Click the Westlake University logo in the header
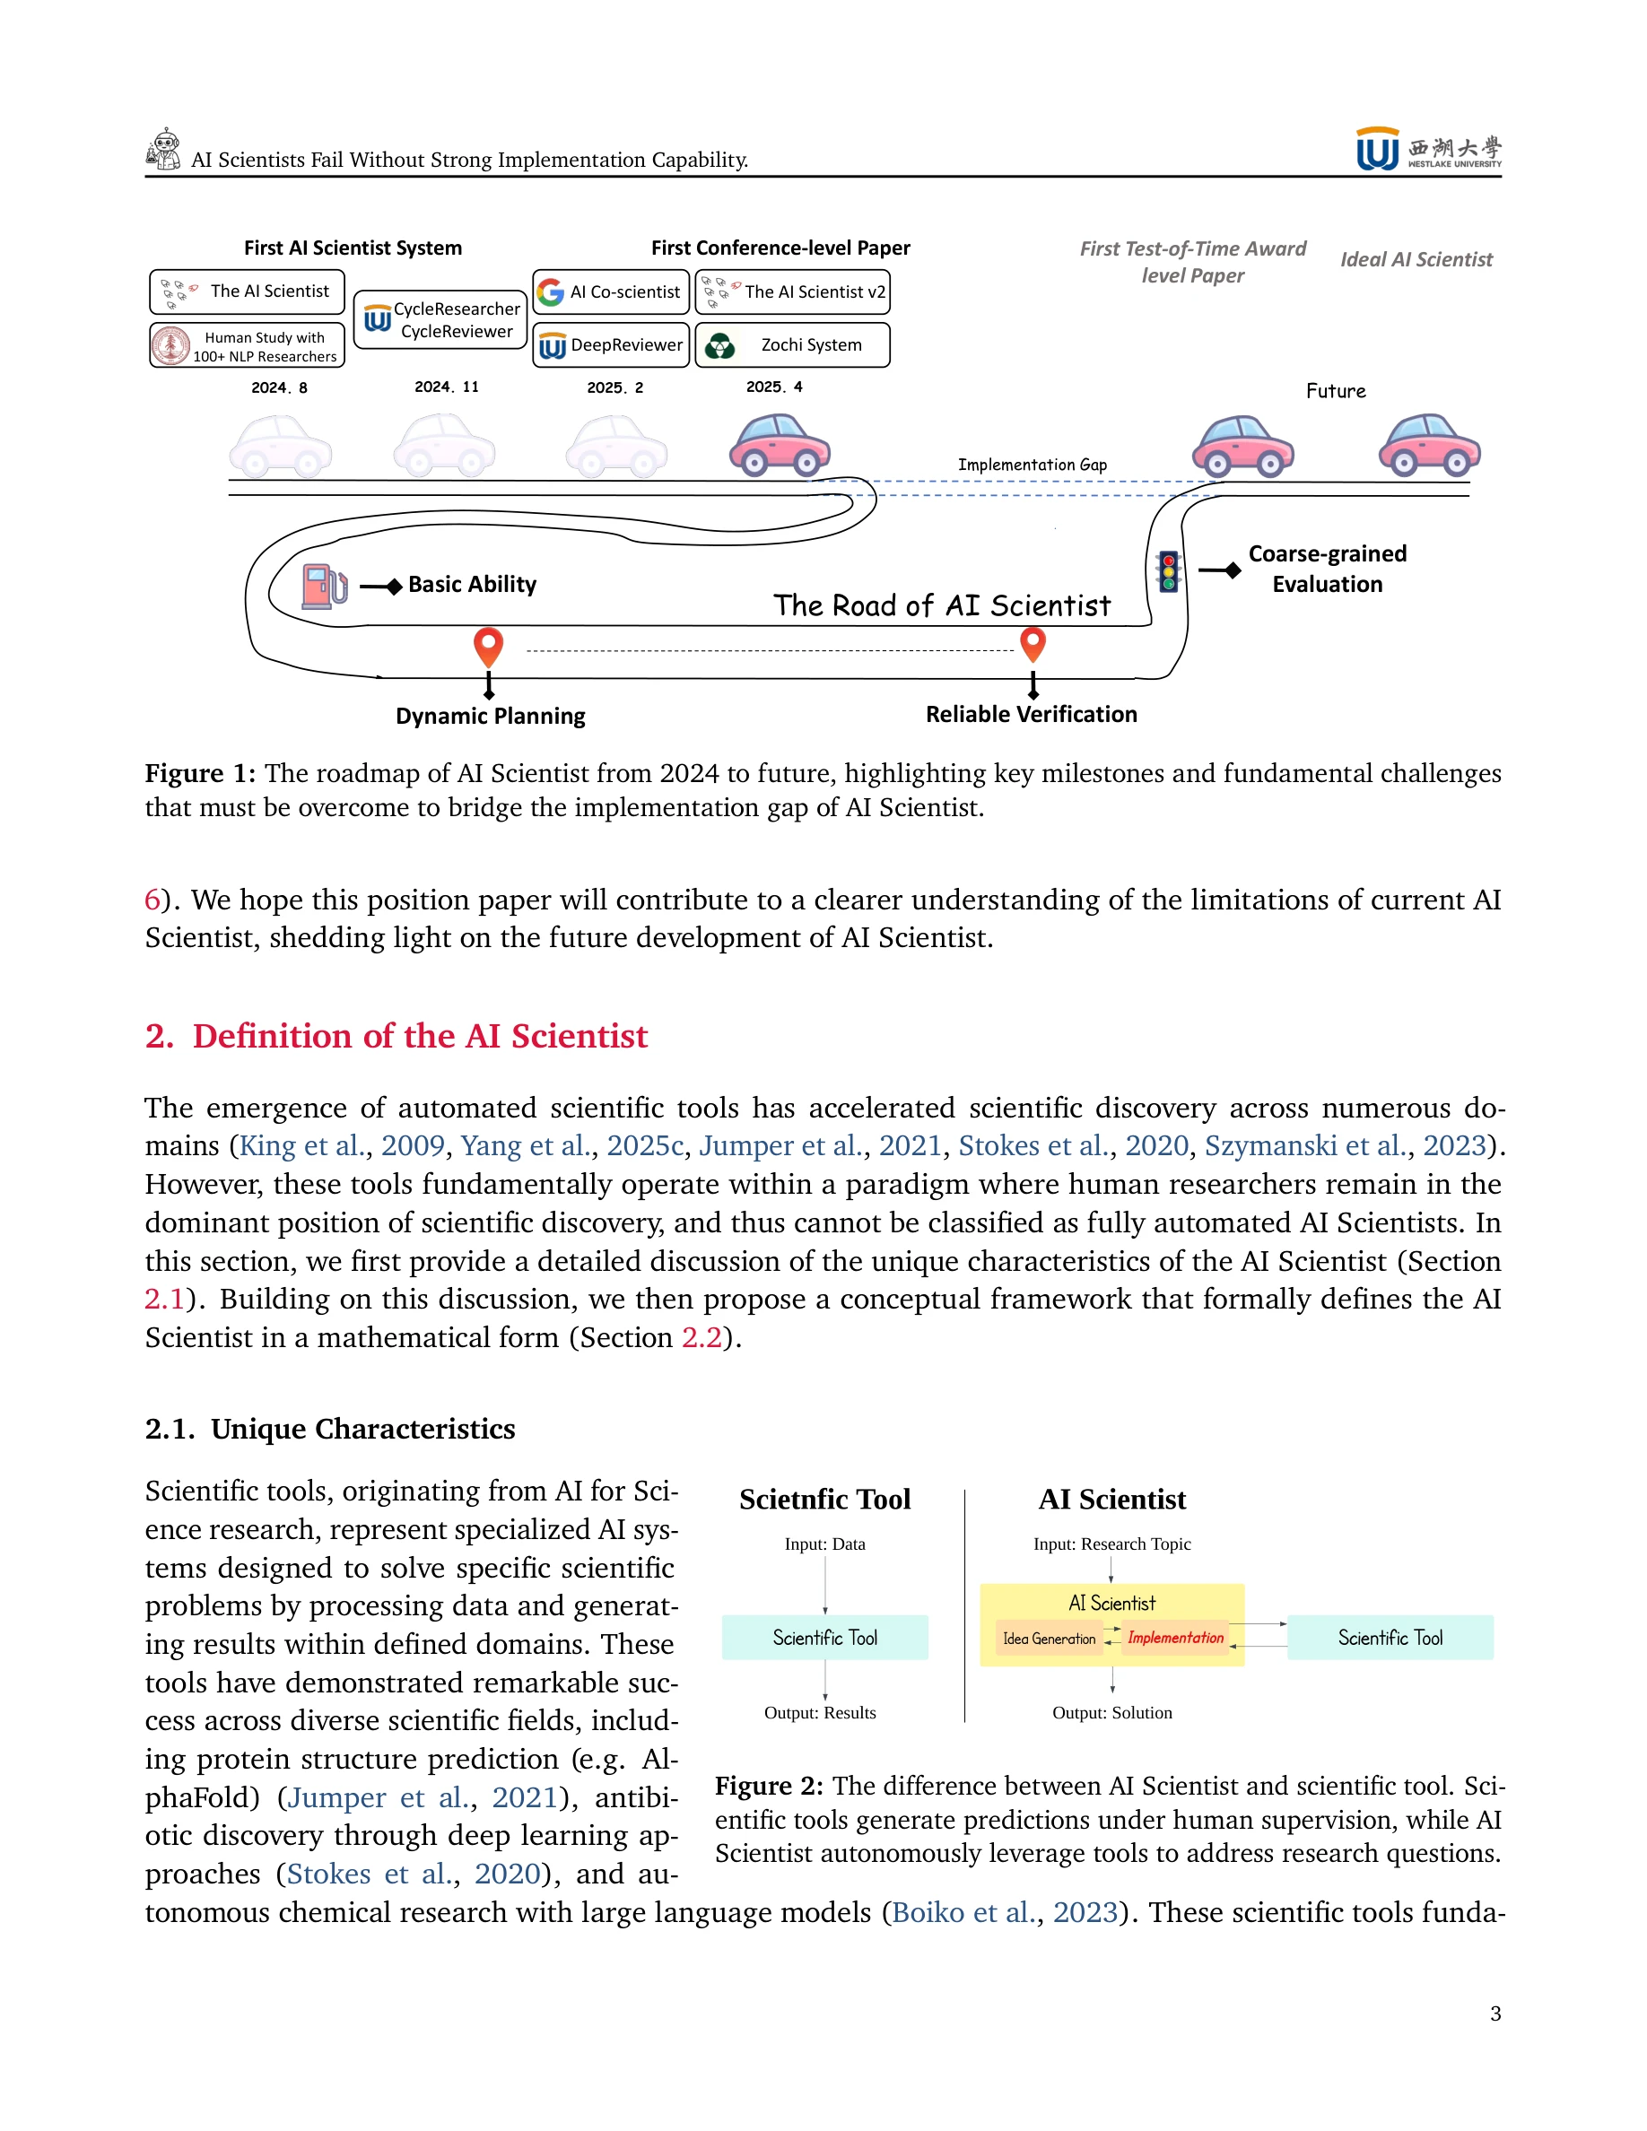point(1427,149)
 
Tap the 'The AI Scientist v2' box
point(792,291)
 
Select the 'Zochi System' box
point(792,344)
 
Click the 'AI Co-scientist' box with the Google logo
point(611,291)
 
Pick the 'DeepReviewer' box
point(611,344)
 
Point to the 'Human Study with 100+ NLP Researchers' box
point(247,345)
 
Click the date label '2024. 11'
point(446,387)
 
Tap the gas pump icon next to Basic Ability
point(324,586)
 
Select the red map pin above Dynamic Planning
point(488,646)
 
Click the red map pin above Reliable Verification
point(1033,643)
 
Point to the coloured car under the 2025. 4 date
point(780,445)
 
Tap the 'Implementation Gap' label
point(1032,465)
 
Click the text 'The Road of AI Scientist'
point(942,605)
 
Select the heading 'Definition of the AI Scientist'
point(420,1035)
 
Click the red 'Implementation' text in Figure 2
point(1175,1638)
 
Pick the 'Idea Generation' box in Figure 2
point(1049,1639)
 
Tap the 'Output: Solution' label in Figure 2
point(1111,1712)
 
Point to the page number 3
point(1494,2013)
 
